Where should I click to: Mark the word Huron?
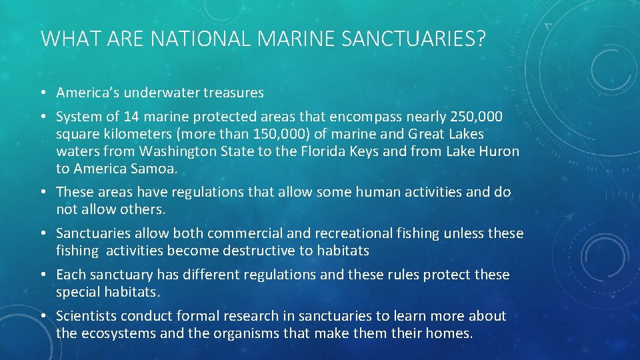click(498, 151)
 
